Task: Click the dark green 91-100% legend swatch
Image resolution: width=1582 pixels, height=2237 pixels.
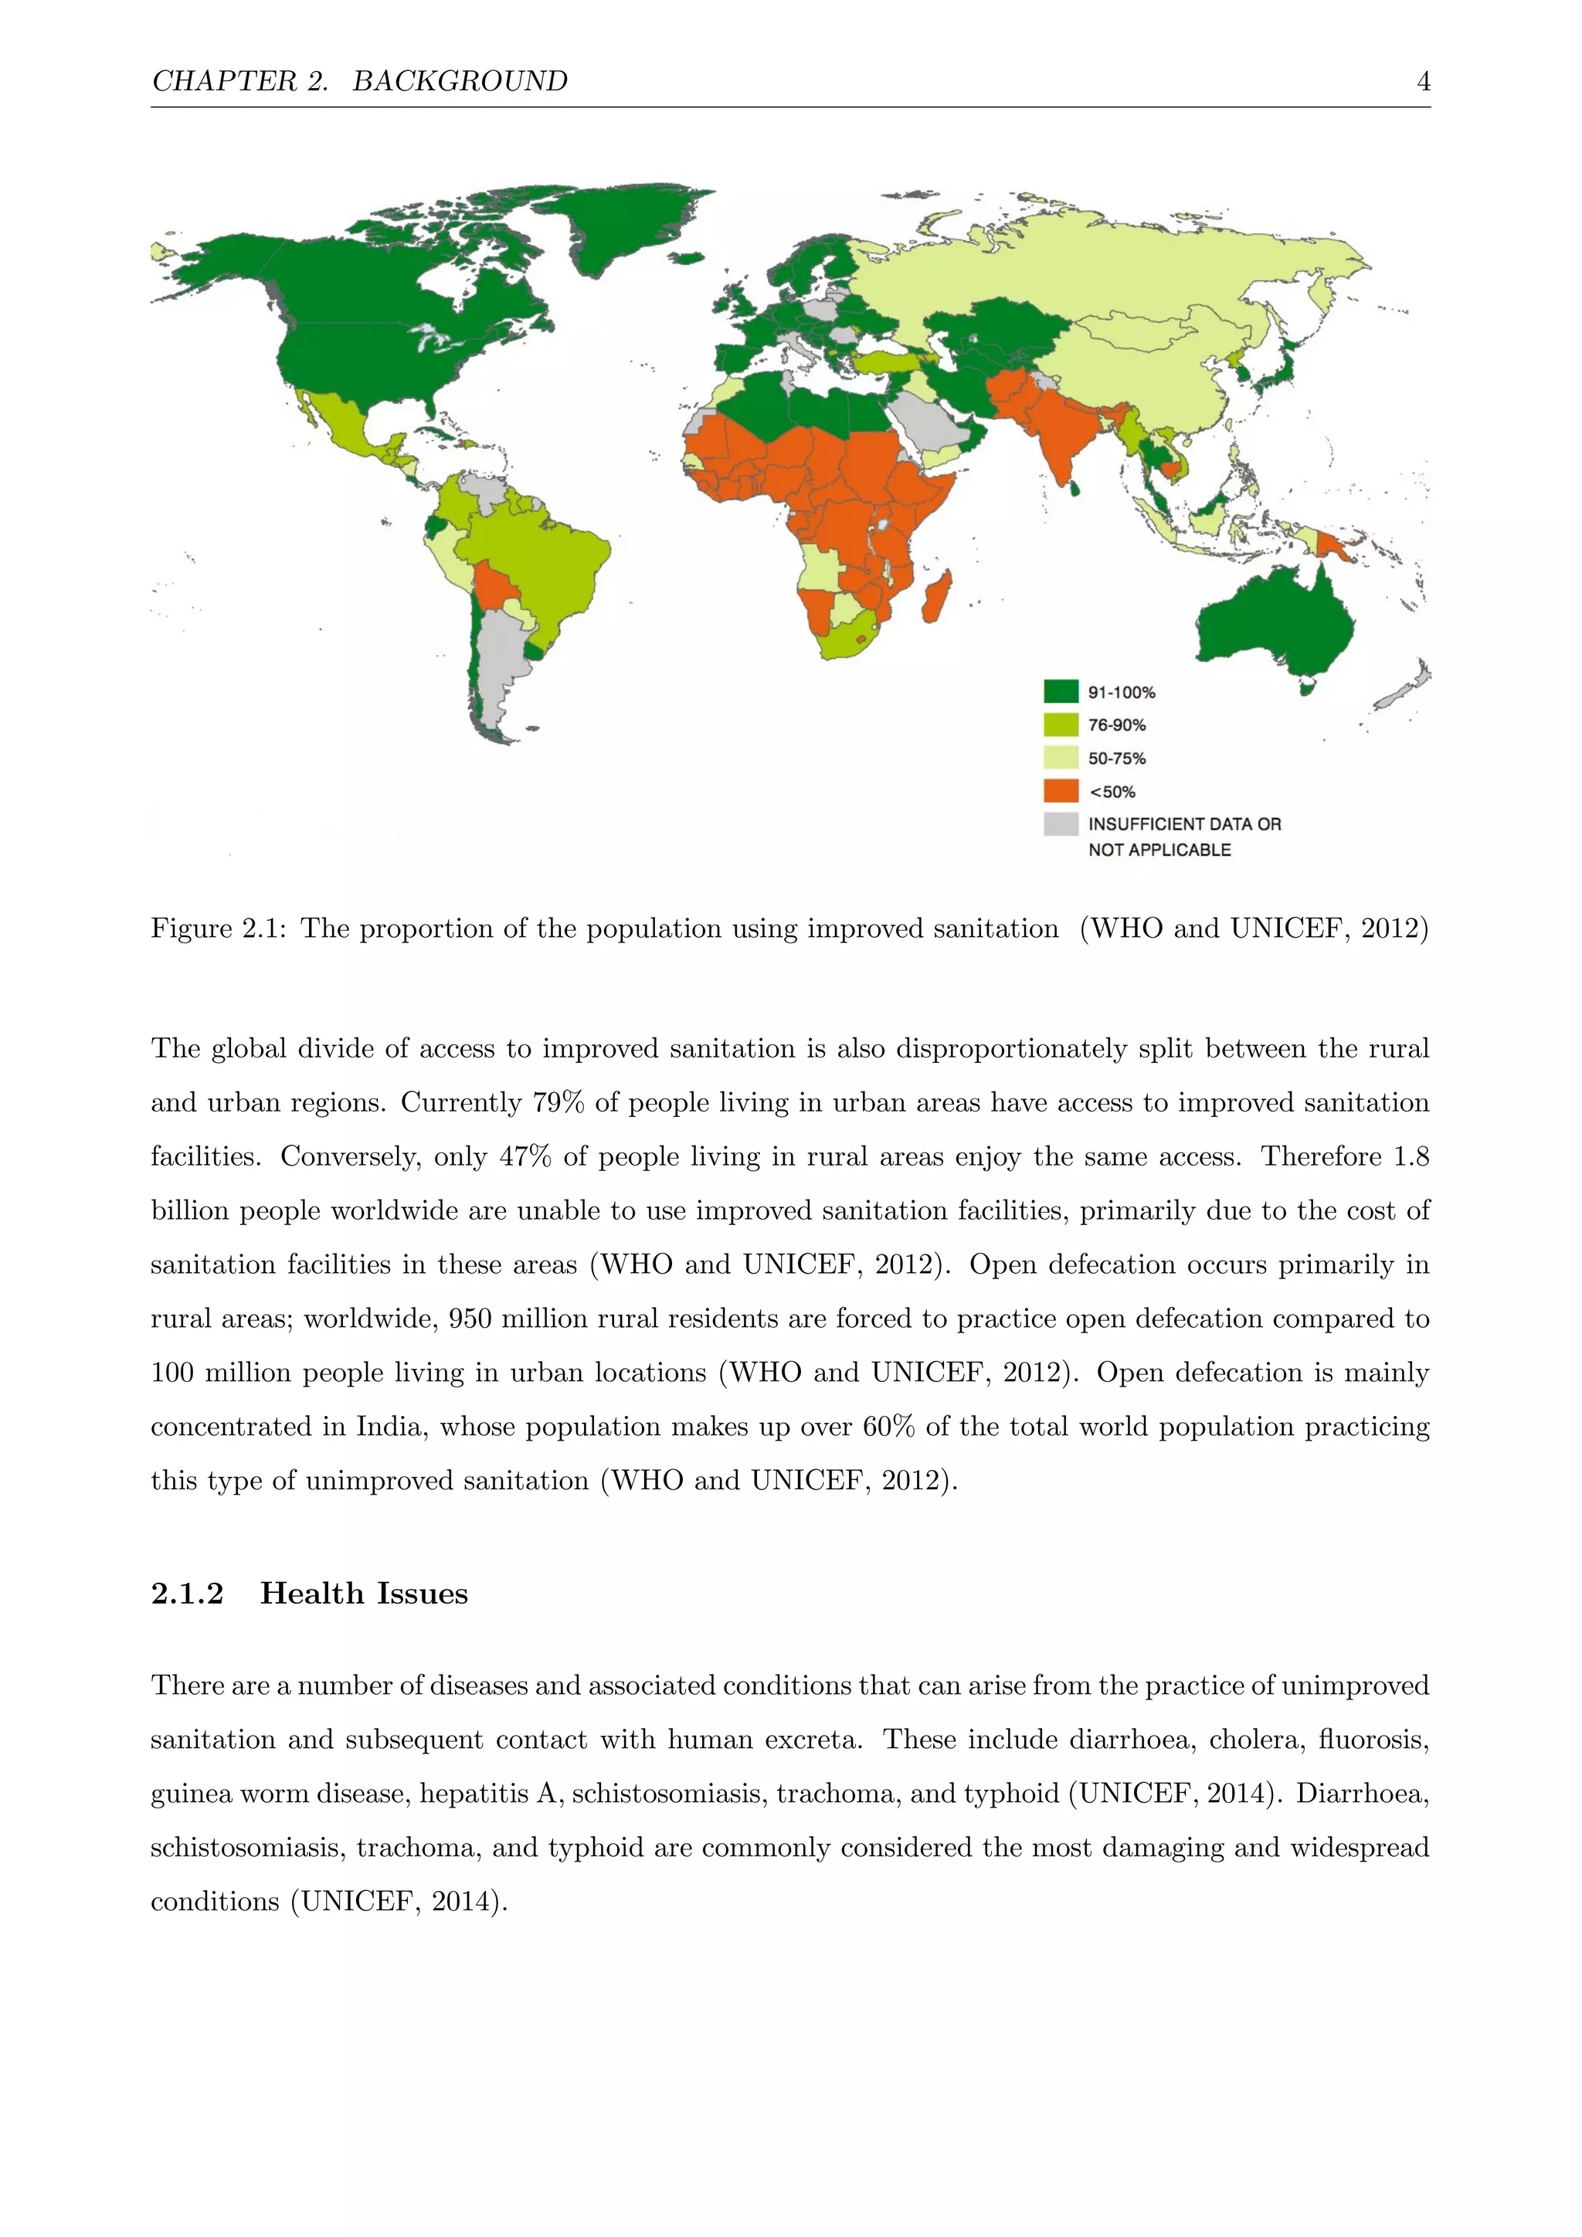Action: [x=1061, y=692]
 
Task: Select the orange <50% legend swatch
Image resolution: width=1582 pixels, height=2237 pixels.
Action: [x=1061, y=790]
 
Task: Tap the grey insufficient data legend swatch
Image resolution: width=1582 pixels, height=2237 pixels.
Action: [x=1061, y=823]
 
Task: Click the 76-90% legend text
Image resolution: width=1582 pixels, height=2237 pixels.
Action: [x=1116, y=725]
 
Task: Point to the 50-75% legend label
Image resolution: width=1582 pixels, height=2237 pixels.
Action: [x=1116, y=758]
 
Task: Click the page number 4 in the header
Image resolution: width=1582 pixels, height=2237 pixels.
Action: [x=1423, y=81]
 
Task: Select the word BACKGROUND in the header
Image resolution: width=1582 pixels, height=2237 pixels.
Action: [x=460, y=81]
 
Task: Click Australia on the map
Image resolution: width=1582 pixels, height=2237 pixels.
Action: [x=1276, y=623]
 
